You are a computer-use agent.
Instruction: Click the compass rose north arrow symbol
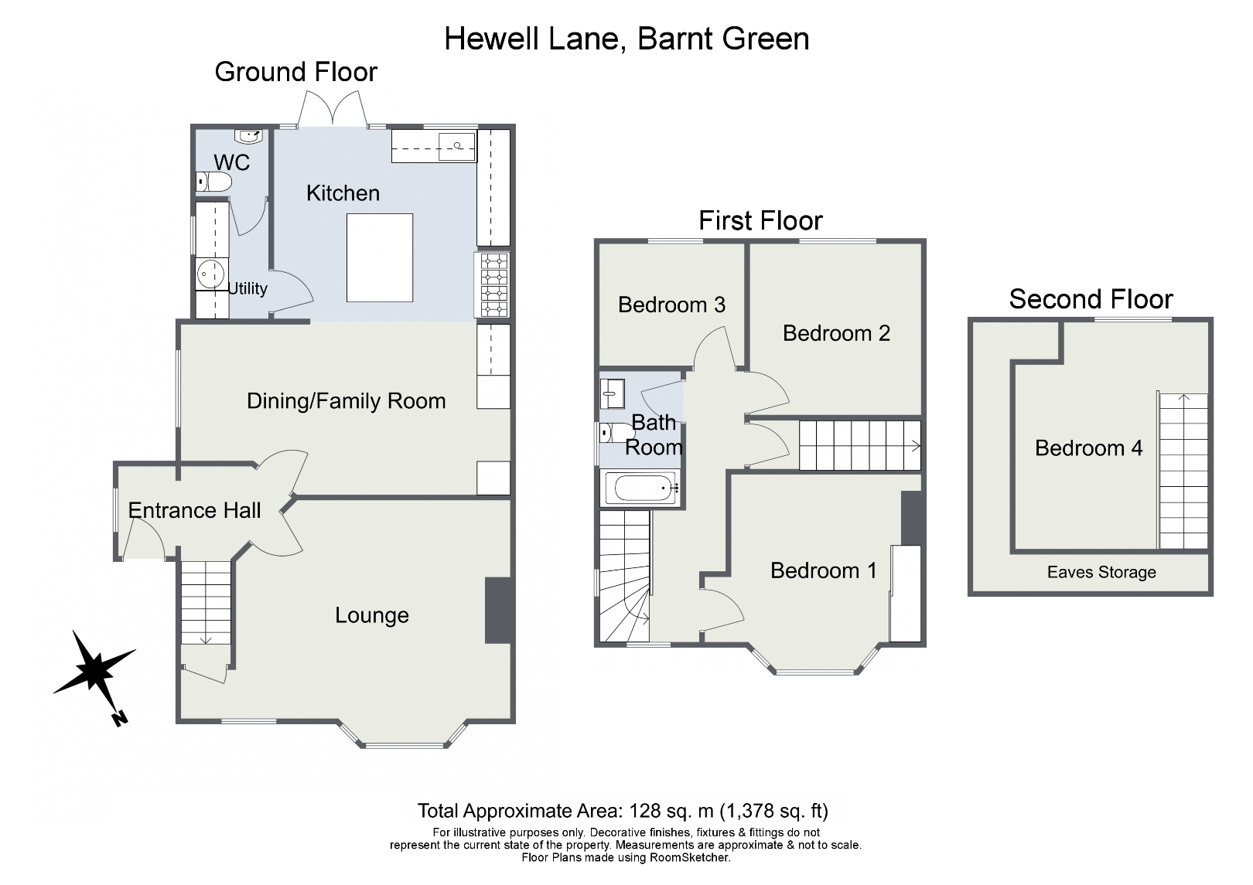pos(94,669)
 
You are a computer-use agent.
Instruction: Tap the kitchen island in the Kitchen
pos(379,257)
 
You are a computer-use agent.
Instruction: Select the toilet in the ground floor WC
pos(214,182)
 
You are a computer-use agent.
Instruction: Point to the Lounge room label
pos(371,615)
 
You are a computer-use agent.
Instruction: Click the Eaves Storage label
pos(1101,573)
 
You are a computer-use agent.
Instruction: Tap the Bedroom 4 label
pos(1088,448)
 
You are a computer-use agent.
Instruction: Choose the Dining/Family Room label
pos(346,401)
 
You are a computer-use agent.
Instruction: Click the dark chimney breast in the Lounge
pos(498,610)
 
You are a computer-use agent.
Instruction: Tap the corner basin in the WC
pos(251,137)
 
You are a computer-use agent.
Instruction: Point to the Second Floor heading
pos(1091,299)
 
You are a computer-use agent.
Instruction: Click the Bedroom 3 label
pos(671,305)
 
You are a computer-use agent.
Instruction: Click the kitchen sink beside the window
pos(457,145)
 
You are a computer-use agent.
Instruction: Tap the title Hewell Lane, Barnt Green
pos(626,39)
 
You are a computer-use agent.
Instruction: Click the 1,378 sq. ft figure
pos(774,811)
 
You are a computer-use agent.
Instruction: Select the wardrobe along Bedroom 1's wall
pos(906,593)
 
